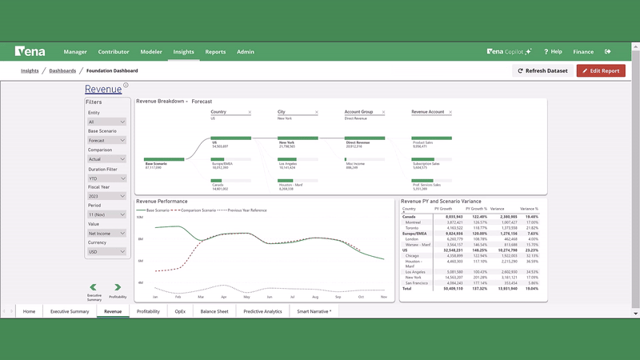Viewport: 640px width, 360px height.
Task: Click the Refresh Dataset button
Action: coord(542,70)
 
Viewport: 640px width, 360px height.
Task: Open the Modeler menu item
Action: coord(151,51)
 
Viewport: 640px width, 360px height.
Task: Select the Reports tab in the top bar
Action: coord(215,51)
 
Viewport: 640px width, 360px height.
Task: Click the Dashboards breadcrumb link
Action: coord(62,70)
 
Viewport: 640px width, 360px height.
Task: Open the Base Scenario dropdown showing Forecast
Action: coord(106,140)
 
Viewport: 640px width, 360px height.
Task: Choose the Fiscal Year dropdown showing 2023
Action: coord(106,196)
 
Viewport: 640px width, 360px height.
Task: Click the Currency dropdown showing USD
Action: coord(106,252)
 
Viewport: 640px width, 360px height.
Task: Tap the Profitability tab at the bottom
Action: coord(148,311)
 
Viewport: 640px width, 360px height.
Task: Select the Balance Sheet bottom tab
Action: coord(214,311)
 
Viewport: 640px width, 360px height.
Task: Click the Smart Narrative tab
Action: coord(314,311)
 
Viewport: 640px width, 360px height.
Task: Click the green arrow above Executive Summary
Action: coord(94,287)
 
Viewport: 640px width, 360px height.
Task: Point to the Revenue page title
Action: coord(103,90)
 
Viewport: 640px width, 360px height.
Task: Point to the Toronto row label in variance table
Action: coord(413,228)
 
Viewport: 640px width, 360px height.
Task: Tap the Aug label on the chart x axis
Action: coord(315,297)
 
